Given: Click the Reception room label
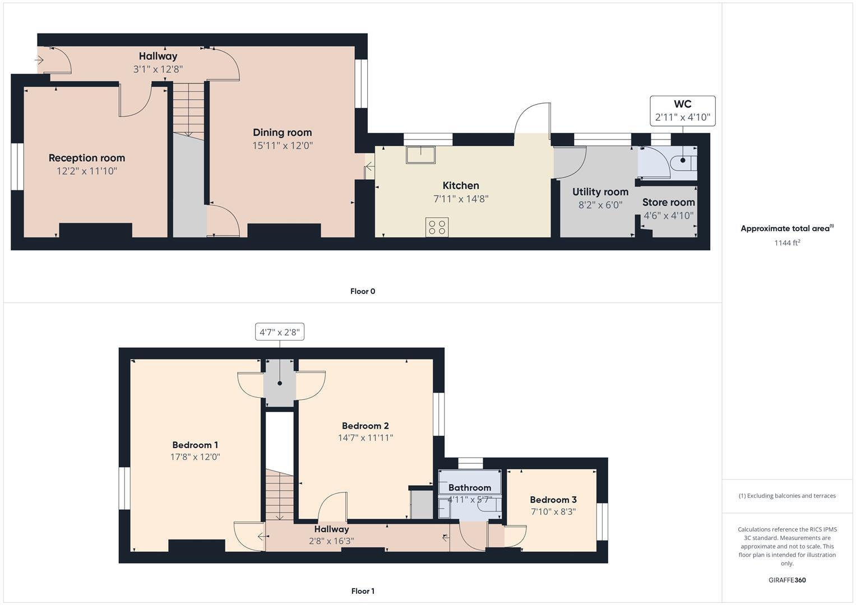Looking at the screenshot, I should coord(86,158).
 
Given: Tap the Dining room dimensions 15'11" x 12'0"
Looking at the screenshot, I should coord(282,146).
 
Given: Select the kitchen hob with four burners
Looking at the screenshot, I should coord(437,227).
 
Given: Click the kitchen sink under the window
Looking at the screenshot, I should coord(421,155).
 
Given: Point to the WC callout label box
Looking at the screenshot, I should coord(682,110).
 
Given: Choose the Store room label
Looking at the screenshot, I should coord(668,202).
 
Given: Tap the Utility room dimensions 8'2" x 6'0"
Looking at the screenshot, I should coord(600,205).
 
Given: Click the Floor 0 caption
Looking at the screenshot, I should coord(362,291).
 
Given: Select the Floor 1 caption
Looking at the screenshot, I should coord(362,591).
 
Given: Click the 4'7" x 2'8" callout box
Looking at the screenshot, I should coord(279,332).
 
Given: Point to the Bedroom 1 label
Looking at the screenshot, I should coord(195,445).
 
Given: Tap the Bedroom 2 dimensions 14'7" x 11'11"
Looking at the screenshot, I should coord(365,438).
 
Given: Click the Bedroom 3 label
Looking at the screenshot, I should coord(553,500).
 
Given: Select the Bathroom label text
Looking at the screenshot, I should coord(469,488).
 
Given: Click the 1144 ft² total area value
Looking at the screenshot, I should coord(786,243).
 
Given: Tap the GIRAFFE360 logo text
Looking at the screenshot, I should coord(786,580).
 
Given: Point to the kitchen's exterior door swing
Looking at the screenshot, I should coord(533,119).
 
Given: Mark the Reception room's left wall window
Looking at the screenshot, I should coord(17,167).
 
